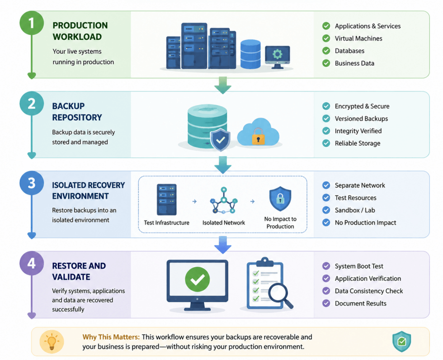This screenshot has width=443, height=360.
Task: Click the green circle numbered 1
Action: click(32, 23)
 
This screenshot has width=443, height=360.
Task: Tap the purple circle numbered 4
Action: click(32, 263)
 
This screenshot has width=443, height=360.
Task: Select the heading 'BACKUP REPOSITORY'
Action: click(77, 112)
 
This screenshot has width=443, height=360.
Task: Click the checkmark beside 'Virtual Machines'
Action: click(326, 38)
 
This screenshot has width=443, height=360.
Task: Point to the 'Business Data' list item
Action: click(354, 63)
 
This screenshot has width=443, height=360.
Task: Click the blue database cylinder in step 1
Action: click(250, 54)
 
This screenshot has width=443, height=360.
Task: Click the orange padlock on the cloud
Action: click(258, 136)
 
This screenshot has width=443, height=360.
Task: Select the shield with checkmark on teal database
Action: click(221, 140)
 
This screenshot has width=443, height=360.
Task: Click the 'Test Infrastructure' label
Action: click(166, 223)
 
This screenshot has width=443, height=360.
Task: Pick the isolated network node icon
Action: click(223, 200)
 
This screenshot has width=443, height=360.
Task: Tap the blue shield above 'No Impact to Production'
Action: click(280, 199)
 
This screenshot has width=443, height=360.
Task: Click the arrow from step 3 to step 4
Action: click(222, 245)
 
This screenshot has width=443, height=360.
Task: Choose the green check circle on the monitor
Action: click(197, 279)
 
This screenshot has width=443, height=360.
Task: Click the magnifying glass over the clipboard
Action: click(280, 295)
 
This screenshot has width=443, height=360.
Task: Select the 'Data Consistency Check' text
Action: click(369, 291)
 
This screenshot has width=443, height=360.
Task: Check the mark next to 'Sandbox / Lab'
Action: click(326, 210)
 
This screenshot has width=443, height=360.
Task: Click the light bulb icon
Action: click(52, 341)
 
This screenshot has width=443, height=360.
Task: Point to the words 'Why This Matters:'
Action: click(111, 337)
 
